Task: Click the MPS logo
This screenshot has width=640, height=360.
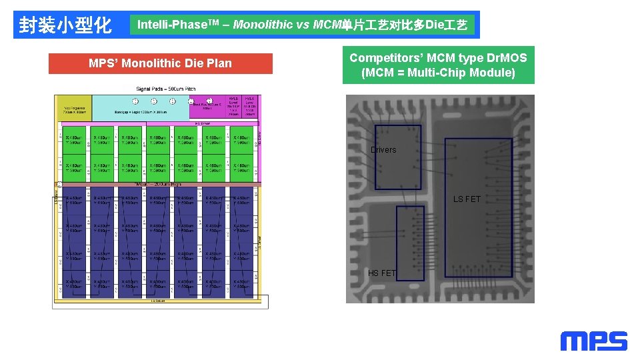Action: coord(593,341)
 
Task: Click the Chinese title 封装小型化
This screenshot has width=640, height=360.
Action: coord(65,25)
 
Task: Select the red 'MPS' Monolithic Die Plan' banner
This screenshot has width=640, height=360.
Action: coord(160,63)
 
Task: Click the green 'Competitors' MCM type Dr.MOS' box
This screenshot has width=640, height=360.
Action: coord(438,65)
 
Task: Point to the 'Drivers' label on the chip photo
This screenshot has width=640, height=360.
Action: coord(383,150)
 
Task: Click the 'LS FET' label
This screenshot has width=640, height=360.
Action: coord(467,199)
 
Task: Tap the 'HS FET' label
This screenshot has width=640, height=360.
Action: coord(382,273)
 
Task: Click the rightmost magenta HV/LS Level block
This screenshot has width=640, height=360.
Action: coord(249,105)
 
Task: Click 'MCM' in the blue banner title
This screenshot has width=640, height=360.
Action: coord(327,25)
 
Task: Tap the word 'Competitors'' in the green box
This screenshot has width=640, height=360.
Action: coord(383,57)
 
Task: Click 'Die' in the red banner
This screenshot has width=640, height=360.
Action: coord(195,63)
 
